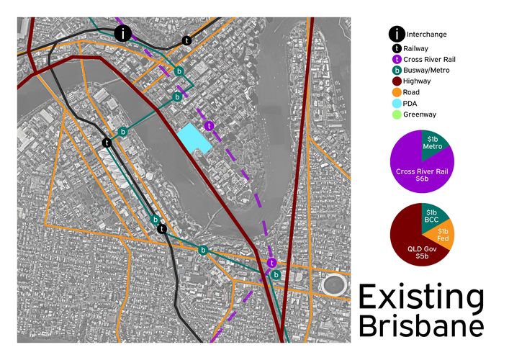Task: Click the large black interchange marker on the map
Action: click(x=124, y=33)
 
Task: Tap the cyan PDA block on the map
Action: click(x=194, y=138)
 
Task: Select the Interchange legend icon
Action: click(x=397, y=33)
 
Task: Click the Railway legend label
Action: click(x=423, y=47)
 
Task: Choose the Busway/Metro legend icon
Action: click(x=397, y=70)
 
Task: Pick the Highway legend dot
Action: click(x=397, y=81)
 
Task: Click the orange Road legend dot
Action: click(x=397, y=92)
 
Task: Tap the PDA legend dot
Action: click(x=397, y=104)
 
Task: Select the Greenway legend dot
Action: click(x=397, y=114)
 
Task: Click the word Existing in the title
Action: click(x=421, y=297)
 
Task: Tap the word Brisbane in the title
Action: click(x=421, y=325)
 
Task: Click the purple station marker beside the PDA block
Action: click(x=209, y=126)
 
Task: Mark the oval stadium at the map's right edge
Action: click(x=335, y=284)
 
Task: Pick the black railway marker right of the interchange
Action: click(x=187, y=41)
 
